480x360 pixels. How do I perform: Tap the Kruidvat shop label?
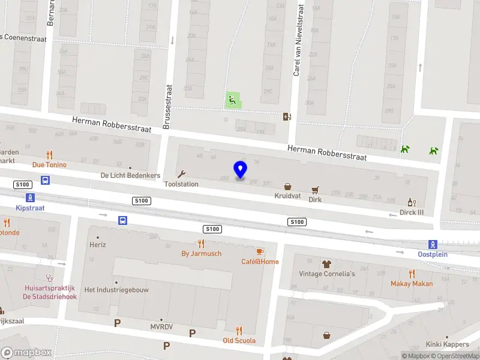[x=287, y=196]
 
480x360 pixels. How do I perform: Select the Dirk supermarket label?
[x=315, y=199]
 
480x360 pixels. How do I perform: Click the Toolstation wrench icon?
[x=181, y=174]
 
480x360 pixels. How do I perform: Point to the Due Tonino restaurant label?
[x=49, y=164]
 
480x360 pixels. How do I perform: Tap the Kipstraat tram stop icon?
[x=29, y=197]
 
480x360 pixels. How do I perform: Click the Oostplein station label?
[x=433, y=254]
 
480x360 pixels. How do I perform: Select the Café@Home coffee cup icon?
[x=260, y=251]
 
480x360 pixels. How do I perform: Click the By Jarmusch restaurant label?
[x=202, y=253]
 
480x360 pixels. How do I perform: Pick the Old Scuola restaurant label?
[x=239, y=340]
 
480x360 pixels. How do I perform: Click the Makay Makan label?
[x=412, y=283]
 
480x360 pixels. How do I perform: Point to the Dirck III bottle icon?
[x=412, y=202]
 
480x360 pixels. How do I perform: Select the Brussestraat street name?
[x=168, y=107]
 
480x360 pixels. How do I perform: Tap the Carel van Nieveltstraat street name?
[x=298, y=40]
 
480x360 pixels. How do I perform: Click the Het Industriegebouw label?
[x=116, y=289]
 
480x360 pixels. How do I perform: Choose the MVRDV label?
[x=161, y=326]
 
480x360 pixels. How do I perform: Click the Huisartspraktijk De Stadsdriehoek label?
[x=50, y=292]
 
